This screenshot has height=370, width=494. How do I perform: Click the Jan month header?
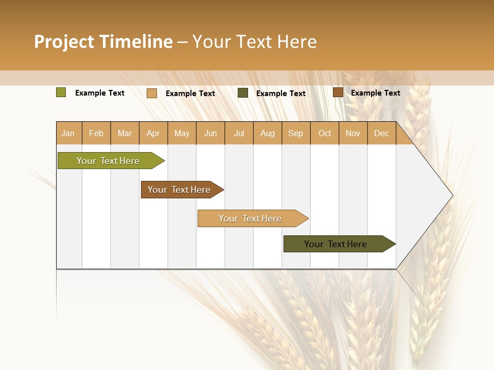pyautogui.click(x=68, y=133)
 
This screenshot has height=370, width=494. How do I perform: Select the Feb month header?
pyautogui.click(x=96, y=133)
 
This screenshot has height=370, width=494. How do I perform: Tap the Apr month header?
pyautogui.click(x=153, y=133)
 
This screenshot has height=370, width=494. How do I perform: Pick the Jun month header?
pyautogui.click(x=210, y=133)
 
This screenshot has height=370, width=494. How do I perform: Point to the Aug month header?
pyautogui.click(x=268, y=133)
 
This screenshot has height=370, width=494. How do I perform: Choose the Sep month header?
pyautogui.click(x=296, y=133)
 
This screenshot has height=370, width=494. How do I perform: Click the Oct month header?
pyautogui.click(x=325, y=133)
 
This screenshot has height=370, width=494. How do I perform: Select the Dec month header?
pyautogui.click(x=382, y=133)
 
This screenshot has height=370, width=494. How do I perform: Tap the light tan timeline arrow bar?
pyautogui.click(x=251, y=218)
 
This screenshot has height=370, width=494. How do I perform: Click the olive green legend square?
pyautogui.click(x=61, y=92)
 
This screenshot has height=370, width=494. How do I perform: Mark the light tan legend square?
pyautogui.click(x=152, y=93)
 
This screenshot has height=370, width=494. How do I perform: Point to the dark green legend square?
pyautogui.click(x=243, y=93)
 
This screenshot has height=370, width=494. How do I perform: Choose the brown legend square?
pyautogui.click(x=338, y=92)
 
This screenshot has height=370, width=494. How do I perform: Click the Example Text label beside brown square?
pyautogui.click(x=375, y=93)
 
